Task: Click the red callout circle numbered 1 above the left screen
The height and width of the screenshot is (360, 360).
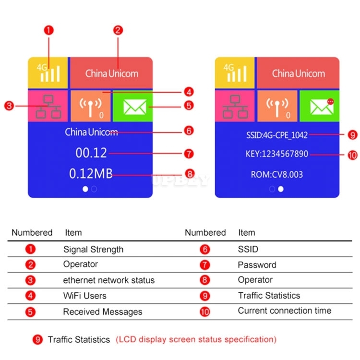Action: point(48,30)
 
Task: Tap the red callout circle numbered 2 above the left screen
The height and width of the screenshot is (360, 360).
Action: point(118,30)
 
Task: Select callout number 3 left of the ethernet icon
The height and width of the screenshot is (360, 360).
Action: point(9,106)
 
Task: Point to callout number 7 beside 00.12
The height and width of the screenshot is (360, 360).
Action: point(189,154)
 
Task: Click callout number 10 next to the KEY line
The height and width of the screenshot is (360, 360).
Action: point(353,155)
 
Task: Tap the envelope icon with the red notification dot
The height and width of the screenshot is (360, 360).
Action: point(322,106)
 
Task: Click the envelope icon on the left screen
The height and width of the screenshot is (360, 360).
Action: point(135,107)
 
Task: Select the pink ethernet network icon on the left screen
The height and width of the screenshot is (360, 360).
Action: point(48,107)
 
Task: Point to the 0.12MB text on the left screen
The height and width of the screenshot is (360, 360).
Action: point(91,174)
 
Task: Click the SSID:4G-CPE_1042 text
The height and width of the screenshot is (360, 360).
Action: point(277,135)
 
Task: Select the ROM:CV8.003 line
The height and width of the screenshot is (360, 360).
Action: point(277,175)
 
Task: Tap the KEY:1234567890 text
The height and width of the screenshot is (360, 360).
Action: point(277,154)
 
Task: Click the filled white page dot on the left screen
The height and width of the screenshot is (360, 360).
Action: point(85,189)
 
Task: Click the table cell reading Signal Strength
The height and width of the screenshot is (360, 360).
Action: point(93,250)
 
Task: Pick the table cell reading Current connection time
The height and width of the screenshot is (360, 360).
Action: point(285,311)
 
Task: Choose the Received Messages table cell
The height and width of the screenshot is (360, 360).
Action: point(103,312)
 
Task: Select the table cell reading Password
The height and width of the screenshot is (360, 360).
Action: point(257,265)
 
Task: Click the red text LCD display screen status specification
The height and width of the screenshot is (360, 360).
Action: point(196,339)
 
